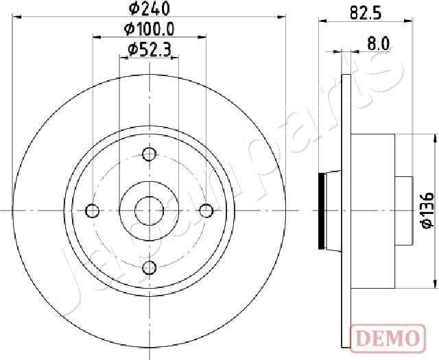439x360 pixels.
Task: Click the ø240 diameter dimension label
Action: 150,9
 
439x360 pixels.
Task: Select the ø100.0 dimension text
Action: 149,29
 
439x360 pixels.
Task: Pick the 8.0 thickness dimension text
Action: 378,43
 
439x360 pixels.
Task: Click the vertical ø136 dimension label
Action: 426,209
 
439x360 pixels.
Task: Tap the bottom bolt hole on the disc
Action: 149,267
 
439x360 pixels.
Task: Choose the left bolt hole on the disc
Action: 92,210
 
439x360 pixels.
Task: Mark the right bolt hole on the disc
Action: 206,210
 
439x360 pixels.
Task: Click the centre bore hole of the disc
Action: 149,210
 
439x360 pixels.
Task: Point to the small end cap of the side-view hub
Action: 405,209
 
